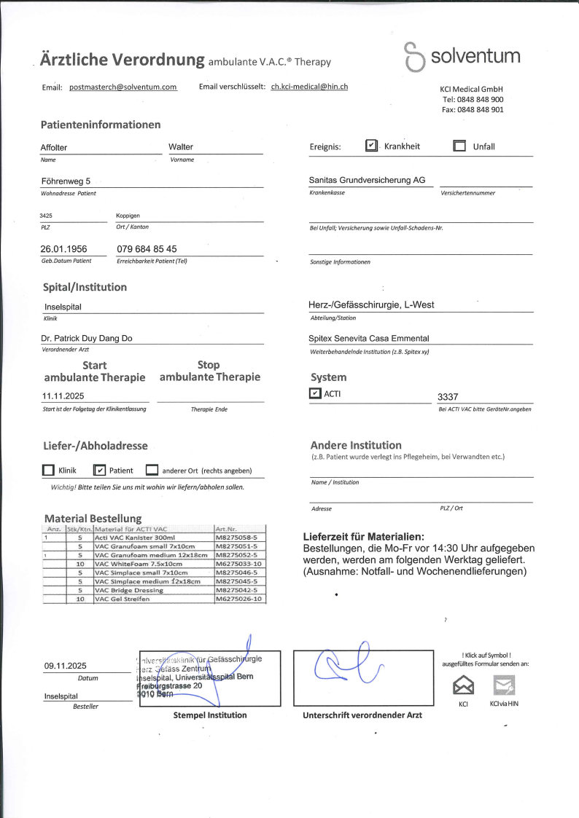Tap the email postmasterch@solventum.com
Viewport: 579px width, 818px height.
click(x=123, y=87)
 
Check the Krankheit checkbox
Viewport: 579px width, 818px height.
click(x=371, y=146)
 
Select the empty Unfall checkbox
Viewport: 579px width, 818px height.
click(x=459, y=146)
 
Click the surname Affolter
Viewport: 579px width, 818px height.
click(x=54, y=148)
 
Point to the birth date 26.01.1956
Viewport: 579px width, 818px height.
click(x=63, y=249)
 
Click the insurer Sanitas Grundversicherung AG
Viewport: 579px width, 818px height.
click(x=367, y=180)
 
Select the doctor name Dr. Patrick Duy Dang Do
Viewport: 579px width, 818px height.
click(x=87, y=339)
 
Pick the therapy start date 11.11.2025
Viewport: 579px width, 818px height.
click(x=64, y=396)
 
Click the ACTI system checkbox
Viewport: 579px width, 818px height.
click(x=315, y=394)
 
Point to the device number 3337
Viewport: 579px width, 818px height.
click(x=447, y=397)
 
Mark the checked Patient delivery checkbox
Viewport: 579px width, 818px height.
click(x=101, y=471)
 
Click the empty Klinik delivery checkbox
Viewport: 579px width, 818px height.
click(x=48, y=471)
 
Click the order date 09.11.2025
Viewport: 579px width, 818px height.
click(x=65, y=666)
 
